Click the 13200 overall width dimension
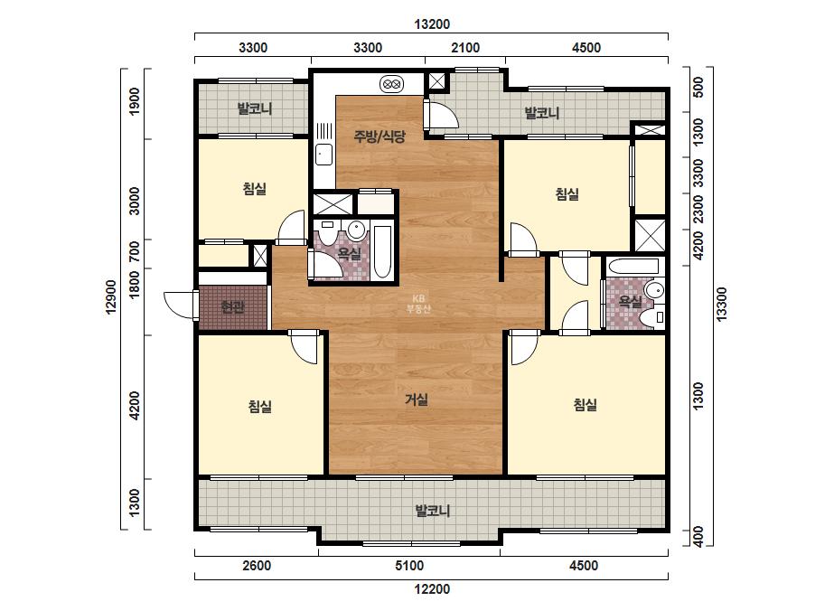pos(432,23)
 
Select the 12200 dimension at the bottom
pos(432,589)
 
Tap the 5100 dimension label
pos(409,565)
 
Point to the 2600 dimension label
pos(257,565)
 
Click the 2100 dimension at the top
pos(465,48)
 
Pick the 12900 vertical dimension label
pos(110,297)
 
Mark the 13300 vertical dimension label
pos(721,305)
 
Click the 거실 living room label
pos(417,399)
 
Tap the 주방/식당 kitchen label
pos(380,136)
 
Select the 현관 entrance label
pos(232,307)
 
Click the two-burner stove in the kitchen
pos(391,83)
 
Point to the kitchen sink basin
pos(323,155)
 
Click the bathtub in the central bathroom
pos(382,252)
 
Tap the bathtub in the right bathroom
pos(633,266)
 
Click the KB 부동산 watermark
pos(418,304)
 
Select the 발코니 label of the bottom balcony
pos(433,511)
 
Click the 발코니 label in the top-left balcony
pos(255,108)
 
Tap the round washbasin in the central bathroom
pos(356,230)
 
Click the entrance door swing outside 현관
pos(180,305)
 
